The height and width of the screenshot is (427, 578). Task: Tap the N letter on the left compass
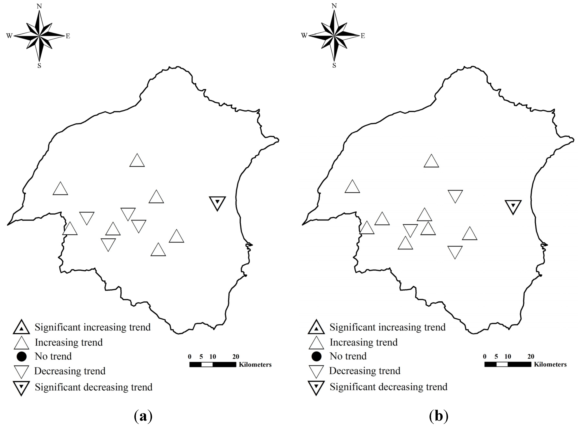click(39, 6)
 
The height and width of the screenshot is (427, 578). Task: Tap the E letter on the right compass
click(363, 36)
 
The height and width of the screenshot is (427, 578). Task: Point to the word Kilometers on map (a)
click(255, 365)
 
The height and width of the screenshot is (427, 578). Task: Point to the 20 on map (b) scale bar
click(531, 357)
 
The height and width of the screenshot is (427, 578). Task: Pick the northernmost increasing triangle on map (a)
click(137, 161)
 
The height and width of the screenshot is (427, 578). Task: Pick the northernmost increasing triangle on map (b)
click(431, 162)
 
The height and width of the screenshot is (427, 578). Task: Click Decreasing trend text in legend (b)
click(365, 371)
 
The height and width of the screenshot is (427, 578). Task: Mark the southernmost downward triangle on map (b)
click(455, 251)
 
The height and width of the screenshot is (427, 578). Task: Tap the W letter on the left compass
click(9, 36)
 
